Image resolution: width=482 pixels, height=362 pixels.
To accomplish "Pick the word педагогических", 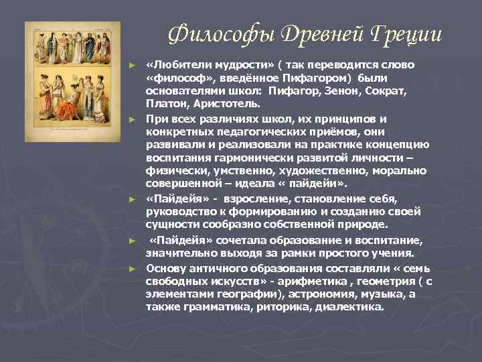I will pos(252,131).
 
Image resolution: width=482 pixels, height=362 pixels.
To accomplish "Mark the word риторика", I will pos(283,307).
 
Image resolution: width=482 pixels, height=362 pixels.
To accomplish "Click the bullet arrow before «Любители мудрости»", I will pos(133,65).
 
